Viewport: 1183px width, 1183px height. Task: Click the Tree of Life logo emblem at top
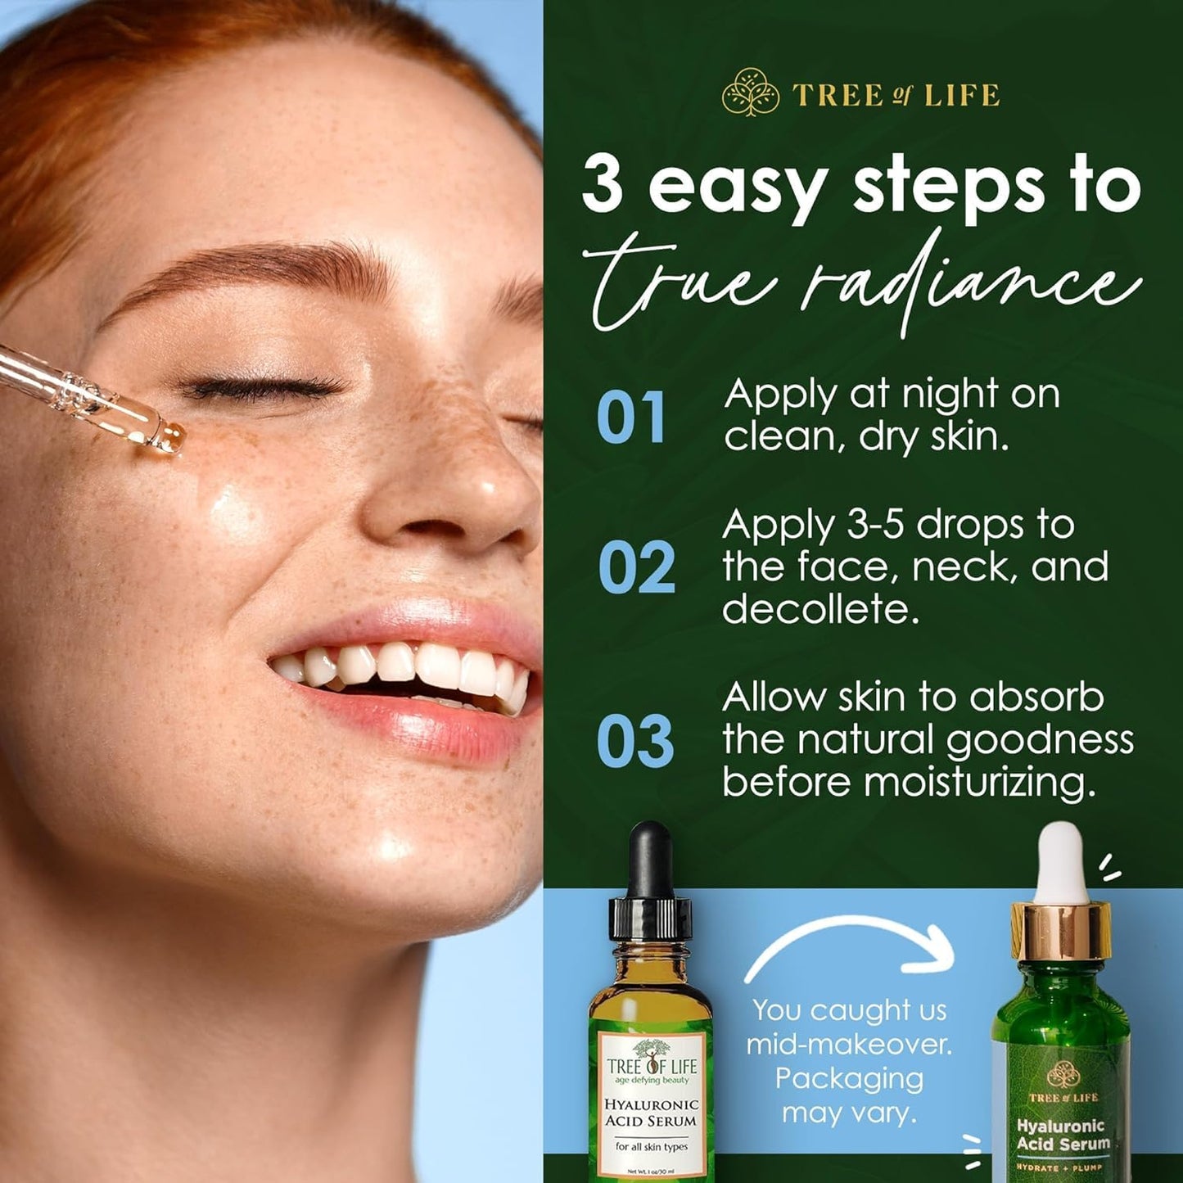746,93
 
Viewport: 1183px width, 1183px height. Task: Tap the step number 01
630,418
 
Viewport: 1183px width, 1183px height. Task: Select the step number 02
636,567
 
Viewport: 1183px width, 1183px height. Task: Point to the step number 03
635,741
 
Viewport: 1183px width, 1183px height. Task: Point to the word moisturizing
979,782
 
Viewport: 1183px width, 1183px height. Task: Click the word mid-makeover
849,1045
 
